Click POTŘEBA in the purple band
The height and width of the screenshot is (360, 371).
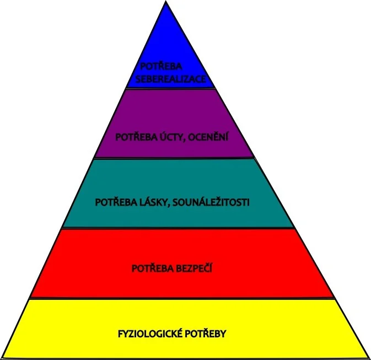point(136,137)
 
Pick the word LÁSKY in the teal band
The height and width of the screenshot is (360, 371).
point(150,202)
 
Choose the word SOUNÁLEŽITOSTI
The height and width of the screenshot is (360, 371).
point(211,202)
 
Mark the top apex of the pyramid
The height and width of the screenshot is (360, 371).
point(165,2)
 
